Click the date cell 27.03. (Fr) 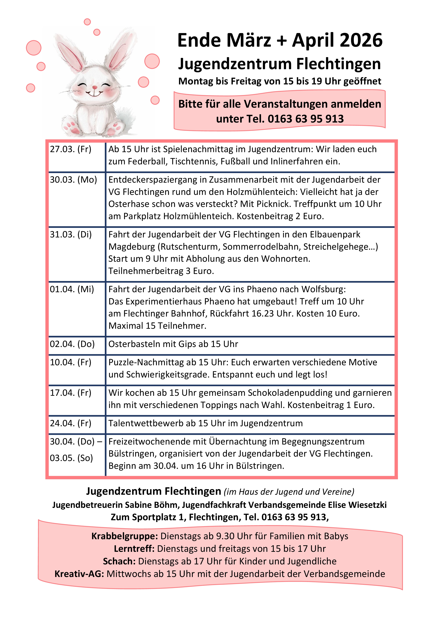[x=70, y=149]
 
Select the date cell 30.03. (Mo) [x=73, y=180]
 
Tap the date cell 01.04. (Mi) [x=72, y=289]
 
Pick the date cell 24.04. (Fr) [x=70, y=423]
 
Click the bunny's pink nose [x=95, y=87]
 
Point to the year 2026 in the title [x=361, y=40]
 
